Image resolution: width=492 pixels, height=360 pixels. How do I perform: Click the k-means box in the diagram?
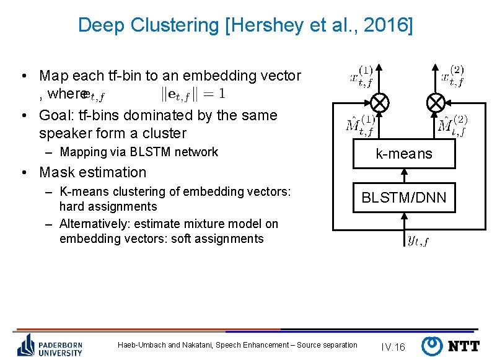pos(405,154)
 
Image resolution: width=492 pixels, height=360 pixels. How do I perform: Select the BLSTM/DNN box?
pos(404,198)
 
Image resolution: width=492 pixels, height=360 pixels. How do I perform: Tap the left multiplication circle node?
pos(379,101)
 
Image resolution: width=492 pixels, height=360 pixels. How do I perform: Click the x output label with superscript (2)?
pos(452,76)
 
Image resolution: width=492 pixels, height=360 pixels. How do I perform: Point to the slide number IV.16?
pos(393,347)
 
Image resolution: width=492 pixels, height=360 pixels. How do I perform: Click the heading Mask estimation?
pos(92,172)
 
